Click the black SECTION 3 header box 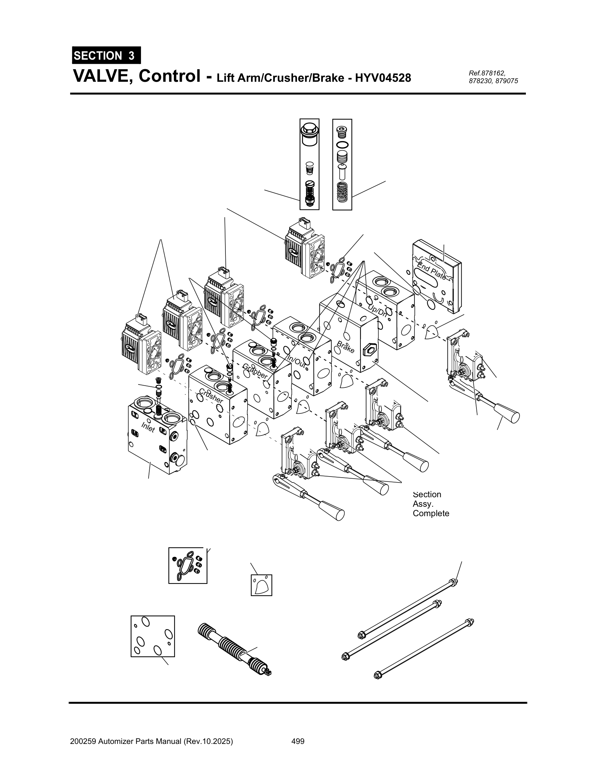(106, 55)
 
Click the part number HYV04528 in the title (383, 78)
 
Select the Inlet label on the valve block (148, 427)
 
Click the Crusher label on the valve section (211, 396)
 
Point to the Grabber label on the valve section (255, 372)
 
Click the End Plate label (431, 271)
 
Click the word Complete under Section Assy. (431, 513)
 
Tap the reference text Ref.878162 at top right (487, 73)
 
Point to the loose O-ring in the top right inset (342, 145)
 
